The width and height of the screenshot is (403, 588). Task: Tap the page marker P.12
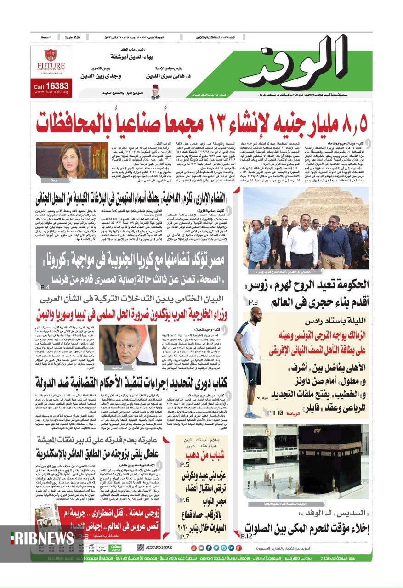coord(247,536)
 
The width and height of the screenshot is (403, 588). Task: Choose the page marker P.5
coord(185,465)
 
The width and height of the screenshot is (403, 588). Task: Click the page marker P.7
coord(185,536)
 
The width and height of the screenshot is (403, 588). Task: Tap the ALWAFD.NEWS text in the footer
coord(160,548)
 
